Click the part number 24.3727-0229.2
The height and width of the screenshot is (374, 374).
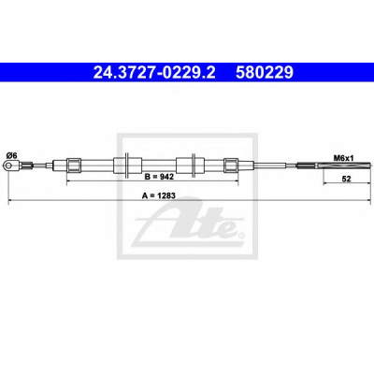coord(154,73)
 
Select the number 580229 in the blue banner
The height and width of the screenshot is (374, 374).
coord(265,73)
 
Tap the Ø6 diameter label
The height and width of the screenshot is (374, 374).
coord(11,155)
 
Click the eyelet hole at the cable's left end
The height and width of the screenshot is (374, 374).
coord(8,165)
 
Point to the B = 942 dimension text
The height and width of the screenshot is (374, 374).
coord(159,177)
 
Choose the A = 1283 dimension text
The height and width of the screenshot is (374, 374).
coord(159,195)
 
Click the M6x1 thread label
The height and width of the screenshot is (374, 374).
coord(344,158)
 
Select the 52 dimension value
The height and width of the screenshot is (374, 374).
coord(346,179)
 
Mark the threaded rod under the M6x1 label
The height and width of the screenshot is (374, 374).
coord(335,165)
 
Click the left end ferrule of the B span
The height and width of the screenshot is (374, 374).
coord(74,165)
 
